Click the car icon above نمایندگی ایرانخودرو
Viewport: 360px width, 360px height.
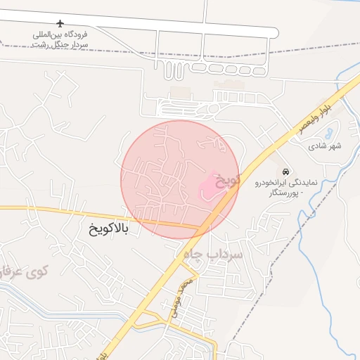(285, 172)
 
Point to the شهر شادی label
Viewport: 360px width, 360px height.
(324, 146)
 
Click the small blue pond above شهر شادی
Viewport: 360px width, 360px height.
(330, 131)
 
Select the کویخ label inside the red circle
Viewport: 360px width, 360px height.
(228, 180)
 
